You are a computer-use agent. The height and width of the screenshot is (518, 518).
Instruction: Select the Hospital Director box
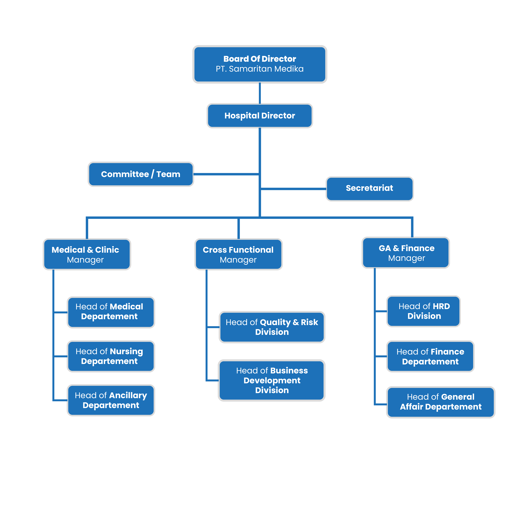pos(260,116)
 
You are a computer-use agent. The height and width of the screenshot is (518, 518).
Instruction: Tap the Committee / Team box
pos(141,174)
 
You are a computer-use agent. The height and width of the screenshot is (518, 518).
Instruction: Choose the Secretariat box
pos(370,188)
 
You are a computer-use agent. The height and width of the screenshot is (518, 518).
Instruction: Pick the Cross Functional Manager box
pos(238,254)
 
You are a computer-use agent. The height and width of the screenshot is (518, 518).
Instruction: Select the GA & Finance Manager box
pos(406,253)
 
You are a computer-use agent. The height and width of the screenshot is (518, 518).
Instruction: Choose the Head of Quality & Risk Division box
pos(272,327)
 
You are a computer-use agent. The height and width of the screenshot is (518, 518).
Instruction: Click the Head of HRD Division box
pos(423,311)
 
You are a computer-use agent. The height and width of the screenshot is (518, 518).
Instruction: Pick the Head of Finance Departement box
pos(430,356)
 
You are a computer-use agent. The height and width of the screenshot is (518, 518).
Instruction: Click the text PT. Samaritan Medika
pos(260,69)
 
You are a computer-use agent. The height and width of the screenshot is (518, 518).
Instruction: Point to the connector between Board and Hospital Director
pos(260,93)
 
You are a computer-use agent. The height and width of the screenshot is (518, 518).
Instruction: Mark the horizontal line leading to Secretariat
pos(293,189)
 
